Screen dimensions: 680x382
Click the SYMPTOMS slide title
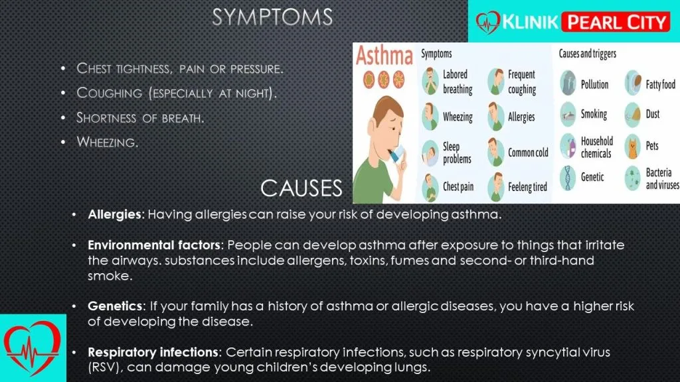pyautogui.click(x=272, y=17)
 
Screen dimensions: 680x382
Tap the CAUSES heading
pyautogui.click(x=301, y=188)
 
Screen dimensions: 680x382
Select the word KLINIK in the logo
pyautogui.click(x=530, y=22)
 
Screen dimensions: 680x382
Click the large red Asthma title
pyautogui.click(x=384, y=56)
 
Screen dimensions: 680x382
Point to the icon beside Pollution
pyautogui.click(x=568, y=83)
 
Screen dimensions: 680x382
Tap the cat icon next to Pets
pyautogui.click(x=633, y=147)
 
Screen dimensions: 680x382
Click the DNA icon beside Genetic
pyautogui.click(x=568, y=178)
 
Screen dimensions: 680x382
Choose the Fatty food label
pyautogui.click(x=661, y=84)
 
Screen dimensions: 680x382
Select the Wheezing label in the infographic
pyautogui.click(x=458, y=117)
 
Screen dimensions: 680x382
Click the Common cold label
pyautogui.click(x=528, y=153)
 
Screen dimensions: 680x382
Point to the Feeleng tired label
pyautogui.click(x=527, y=187)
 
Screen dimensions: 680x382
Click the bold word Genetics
pyautogui.click(x=115, y=306)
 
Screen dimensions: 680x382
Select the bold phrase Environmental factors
pyautogui.click(x=154, y=245)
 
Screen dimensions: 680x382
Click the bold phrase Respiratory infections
pyautogui.click(x=153, y=353)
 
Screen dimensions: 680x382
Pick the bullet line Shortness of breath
pyautogui.click(x=140, y=118)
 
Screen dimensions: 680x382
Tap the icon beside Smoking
pyautogui.click(x=568, y=114)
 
